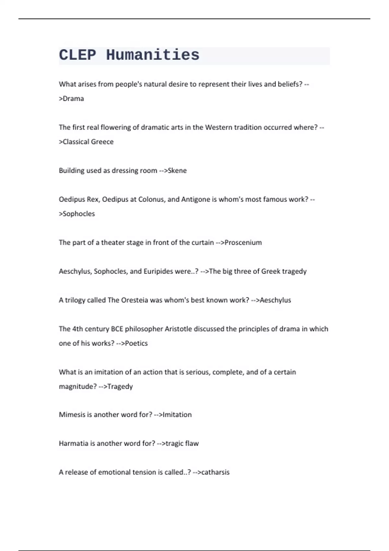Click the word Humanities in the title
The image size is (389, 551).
click(152, 55)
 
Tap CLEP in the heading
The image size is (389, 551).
click(77, 55)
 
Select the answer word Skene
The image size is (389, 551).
click(177, 170)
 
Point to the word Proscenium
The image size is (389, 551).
click(243, 242)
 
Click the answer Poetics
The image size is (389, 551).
click(136, 343)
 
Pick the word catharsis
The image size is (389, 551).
click(215, 472)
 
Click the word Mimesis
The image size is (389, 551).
click(72, 415)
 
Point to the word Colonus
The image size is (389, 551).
click(152, 199)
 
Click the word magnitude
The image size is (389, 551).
click(78, 386)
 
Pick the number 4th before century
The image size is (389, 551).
click(77, 329)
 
